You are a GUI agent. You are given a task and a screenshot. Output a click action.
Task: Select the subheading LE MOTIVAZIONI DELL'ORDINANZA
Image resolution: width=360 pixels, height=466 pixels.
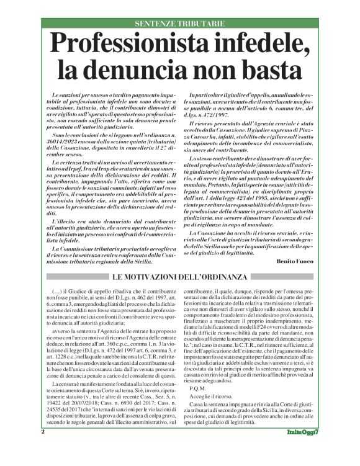pos(180,276)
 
